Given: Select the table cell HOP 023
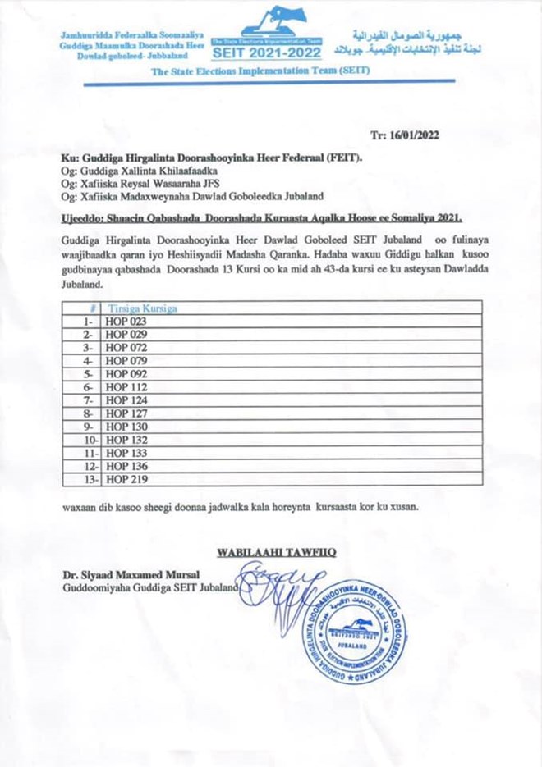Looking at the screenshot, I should pyautogui.click(x=126, y=322).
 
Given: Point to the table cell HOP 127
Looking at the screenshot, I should pyautogui.click(x=126, y=414).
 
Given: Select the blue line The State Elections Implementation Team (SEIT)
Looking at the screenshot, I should pyautogui.click(x=261, y=71).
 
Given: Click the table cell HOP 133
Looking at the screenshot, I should pyautogui.click(x=126, y=453).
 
